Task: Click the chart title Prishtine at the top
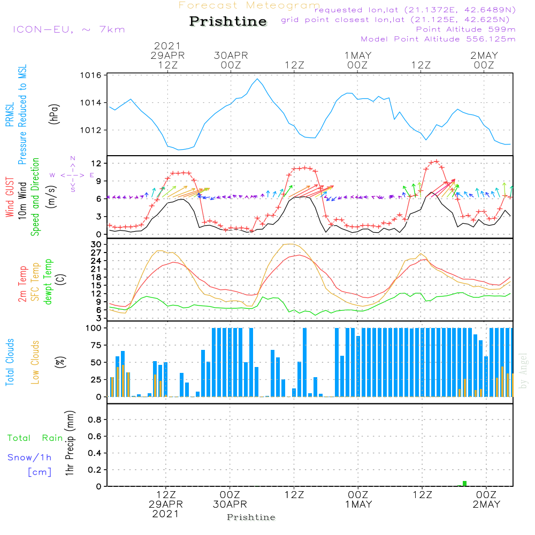228,21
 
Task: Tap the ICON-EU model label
68,29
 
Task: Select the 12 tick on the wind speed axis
96,163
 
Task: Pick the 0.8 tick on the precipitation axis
95,420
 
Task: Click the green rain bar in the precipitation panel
464,484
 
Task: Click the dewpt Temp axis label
48,282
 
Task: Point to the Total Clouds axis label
10,362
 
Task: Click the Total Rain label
35,438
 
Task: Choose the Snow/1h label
30,457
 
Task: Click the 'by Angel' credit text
523,370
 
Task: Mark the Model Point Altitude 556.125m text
438,39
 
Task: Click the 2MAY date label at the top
484,56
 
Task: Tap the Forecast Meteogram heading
249,5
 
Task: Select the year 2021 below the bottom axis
166,514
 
